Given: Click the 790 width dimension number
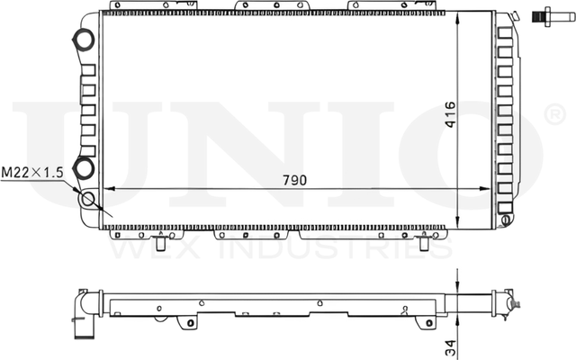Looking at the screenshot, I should pos(294,179).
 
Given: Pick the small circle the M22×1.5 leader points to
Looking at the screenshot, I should pos(89,200).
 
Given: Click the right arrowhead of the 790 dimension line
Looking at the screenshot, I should pos(490,189).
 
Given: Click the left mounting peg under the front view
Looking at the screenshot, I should pos(160,242).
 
